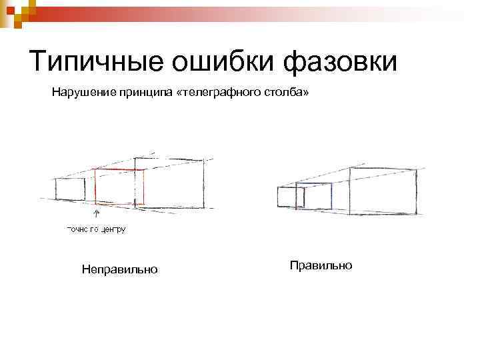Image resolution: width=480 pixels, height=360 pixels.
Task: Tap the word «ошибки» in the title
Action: click(213, 61)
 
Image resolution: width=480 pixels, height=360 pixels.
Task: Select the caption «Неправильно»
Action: click(119, 269)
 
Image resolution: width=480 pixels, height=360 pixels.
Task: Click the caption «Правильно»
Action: click(321, 265)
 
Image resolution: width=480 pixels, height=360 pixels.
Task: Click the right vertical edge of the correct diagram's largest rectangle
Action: click(417, 191)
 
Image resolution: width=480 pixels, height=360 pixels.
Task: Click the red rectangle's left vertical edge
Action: click(95, 187)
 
